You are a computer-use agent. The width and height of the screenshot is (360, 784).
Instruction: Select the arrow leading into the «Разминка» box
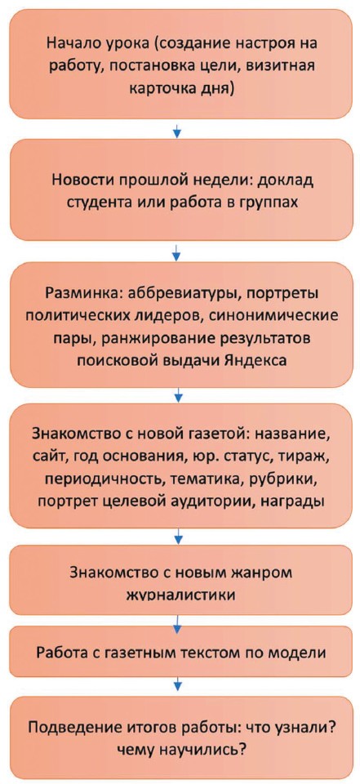point(177,252)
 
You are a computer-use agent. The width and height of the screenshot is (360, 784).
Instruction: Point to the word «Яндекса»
point(260,361)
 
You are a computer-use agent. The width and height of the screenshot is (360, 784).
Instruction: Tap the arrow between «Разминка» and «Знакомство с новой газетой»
point(177,395)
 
